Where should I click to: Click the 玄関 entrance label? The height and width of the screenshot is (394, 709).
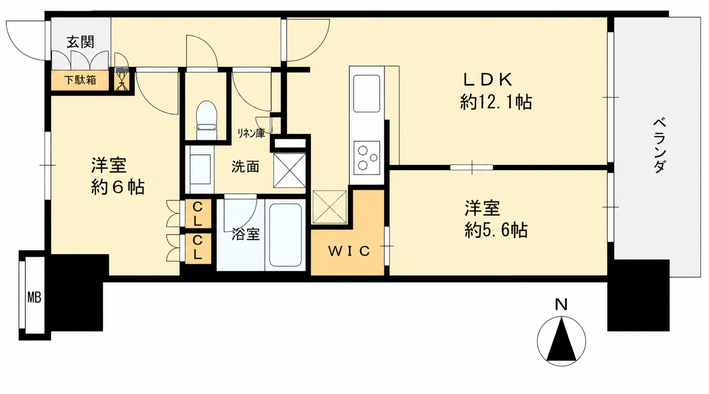point(80,42)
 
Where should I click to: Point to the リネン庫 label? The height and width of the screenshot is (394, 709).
point(251,133)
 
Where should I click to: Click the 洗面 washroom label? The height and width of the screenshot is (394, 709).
point(245,166)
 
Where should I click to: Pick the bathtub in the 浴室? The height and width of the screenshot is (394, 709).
point(285,235)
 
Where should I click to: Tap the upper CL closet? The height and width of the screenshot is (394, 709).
point(198,214)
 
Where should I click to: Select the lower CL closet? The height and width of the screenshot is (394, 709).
point(198,249)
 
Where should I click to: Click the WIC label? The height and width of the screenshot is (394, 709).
point(349,251)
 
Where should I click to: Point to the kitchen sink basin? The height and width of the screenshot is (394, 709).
point(367,94)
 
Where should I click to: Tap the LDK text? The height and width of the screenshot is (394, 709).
point(487,80)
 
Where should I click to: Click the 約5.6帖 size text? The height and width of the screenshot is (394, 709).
point(496,230)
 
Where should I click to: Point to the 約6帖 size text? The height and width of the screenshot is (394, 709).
point(118,188)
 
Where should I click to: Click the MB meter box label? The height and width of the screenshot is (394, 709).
point(34,298)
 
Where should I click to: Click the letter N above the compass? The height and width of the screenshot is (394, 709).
point(561,305)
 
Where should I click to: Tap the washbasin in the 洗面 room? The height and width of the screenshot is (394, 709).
point(199,169)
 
